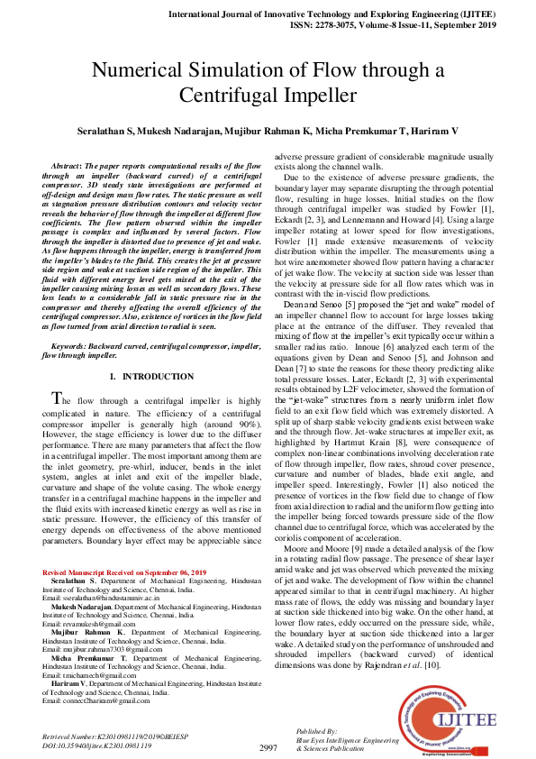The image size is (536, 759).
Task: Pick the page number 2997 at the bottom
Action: click(268, 747)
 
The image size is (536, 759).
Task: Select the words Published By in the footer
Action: click(316, 731)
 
